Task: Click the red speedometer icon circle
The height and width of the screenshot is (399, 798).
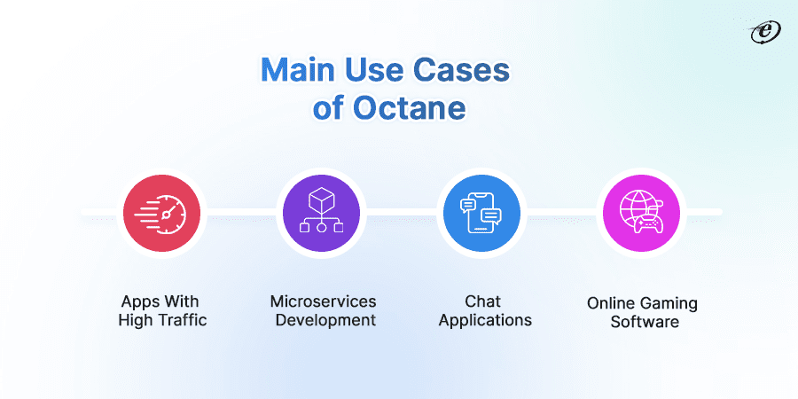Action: [162, 213]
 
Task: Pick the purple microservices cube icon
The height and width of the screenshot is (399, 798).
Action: [321, 213]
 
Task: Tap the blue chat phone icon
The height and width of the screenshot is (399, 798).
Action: [480, 213]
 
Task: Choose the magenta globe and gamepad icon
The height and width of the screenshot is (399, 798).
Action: [642, 213]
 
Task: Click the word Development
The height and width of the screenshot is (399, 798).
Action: [325, 320]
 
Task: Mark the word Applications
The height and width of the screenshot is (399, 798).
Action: [485, 320]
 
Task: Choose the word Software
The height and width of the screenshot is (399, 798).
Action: [645, 322]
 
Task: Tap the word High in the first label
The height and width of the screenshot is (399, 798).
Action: [136, 320]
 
